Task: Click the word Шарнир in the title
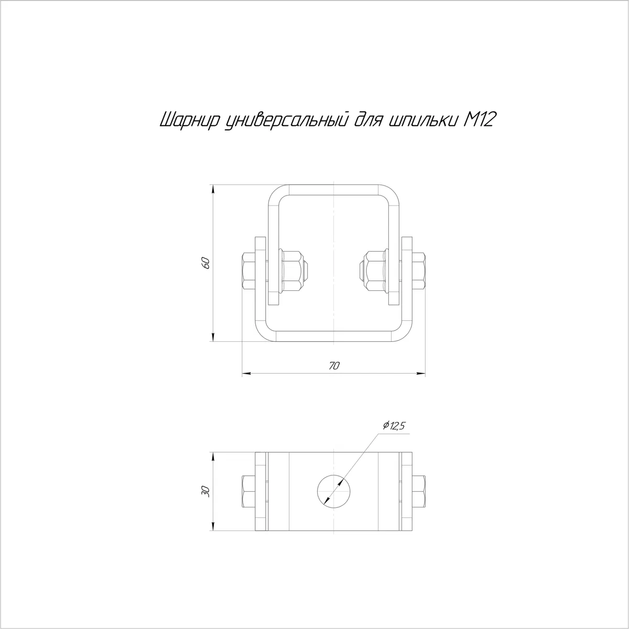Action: pyautogui.click(x=189, y=120)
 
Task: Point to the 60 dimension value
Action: pyautogui.click(x=205, y=263)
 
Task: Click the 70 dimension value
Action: pyautogui.click(x=334, y=366)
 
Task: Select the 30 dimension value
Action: pyautogui.click(x=205, y=492)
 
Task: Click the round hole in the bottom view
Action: pyautogui.click(x=333, y=491)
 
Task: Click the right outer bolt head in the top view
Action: pyautogui.click(x=419, y=270)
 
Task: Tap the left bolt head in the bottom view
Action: pyautogui.click(x=248, y=491)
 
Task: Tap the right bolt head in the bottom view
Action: pyautogui.click(x=419, y=491)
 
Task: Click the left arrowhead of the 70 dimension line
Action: pyautogui.click(x=247, y=373)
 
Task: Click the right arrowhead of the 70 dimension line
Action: pyautogui.click(x=420, y=373)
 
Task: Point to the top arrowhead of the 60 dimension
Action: pyautogui.click(x=213, y=190)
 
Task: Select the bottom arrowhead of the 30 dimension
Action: pyautogui.click(x=213, y=526)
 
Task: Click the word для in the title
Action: pyautogui.click(x=368, y=121)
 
